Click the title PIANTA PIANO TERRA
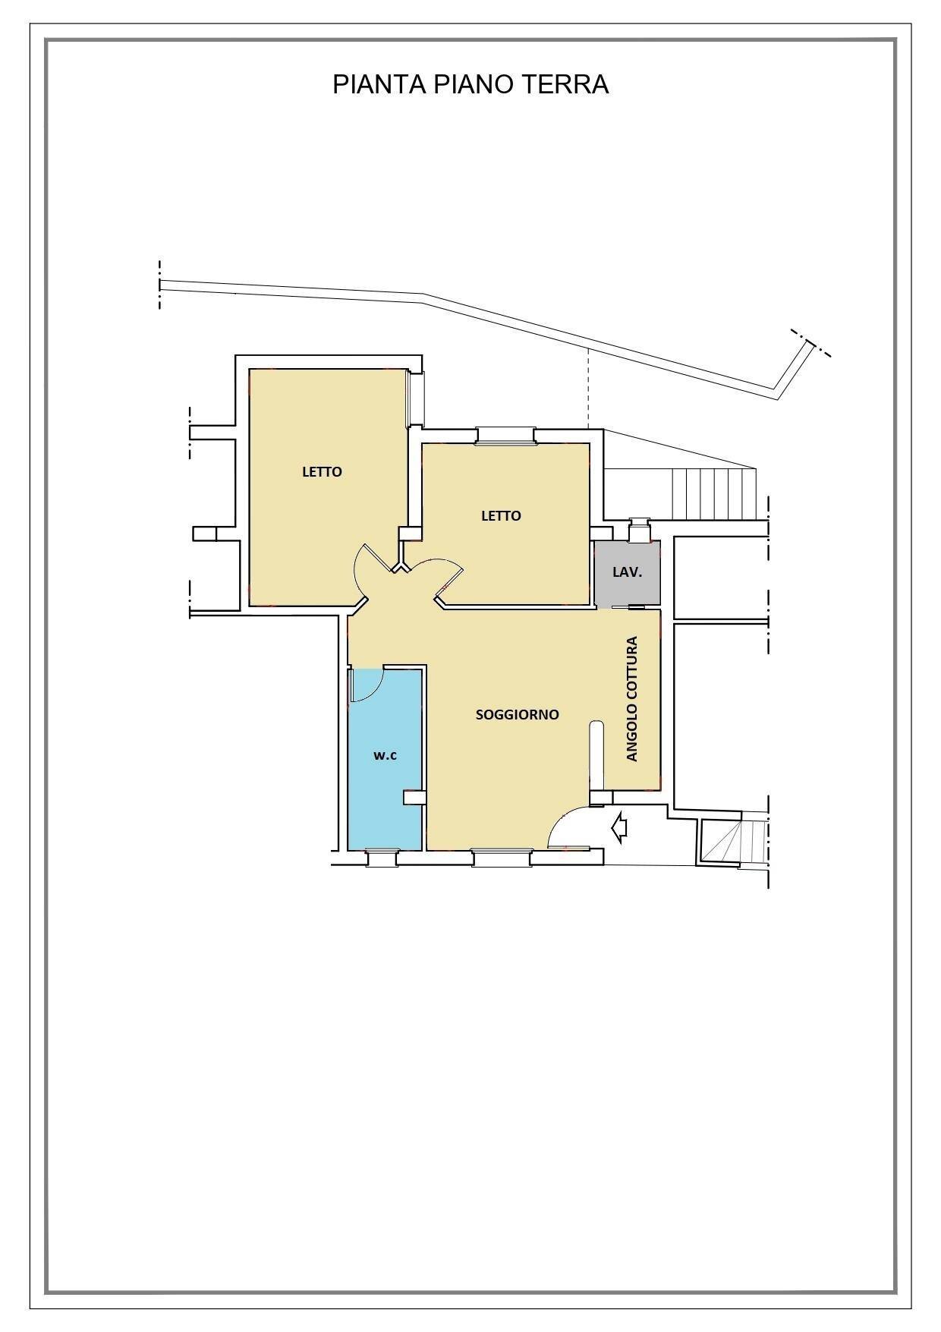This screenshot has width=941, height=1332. point(470,84)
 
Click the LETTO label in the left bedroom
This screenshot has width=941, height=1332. point(322,471)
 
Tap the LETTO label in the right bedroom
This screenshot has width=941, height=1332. point(501,516)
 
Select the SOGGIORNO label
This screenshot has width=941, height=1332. point(517,714)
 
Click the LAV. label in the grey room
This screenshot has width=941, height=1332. point(627,572)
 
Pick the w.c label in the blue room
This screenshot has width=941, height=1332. point(385,755)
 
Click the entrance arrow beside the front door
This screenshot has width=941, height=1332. point(619,827)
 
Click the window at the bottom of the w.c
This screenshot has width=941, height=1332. point(381,858)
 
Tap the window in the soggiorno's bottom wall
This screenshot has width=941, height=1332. point(501,858)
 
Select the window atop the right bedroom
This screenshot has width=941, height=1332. point(505,435)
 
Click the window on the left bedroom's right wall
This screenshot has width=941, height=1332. point(415,399)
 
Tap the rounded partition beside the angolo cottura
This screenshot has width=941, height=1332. point(596,755)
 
